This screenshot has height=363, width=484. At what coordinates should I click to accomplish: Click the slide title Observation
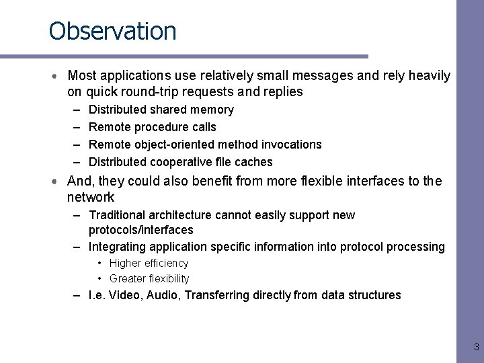[x=112, y=32]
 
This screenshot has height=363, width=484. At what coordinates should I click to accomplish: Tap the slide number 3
[x=476, y=348]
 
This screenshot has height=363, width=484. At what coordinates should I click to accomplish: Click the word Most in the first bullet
[x=82, y=76]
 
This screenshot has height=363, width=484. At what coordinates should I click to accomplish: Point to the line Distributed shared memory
[x=161, y=110]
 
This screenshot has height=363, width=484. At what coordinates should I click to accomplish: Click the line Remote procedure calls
[x=153, y=127]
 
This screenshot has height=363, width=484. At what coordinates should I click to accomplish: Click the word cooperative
[x=177, y=162]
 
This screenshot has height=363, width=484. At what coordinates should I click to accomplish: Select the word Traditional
[x=117, y=215]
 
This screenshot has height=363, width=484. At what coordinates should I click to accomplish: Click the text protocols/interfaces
[x=140, y=230]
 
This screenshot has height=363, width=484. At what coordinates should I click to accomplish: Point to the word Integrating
[x=116, y=247]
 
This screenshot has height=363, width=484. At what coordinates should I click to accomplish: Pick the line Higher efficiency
[x=149, y=264]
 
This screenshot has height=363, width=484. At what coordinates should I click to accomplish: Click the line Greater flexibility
[x=149, y=279]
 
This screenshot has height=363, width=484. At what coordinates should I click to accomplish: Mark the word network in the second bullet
[x=91, y=198]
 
